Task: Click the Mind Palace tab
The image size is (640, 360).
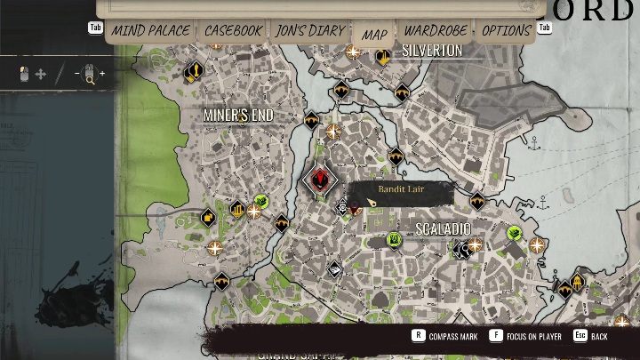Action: (x=150, y=31)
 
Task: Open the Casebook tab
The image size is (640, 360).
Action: (x=233, y=31)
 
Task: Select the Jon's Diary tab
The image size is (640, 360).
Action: (x=309, y=31)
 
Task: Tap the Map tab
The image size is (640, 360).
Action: (x=374, y=35)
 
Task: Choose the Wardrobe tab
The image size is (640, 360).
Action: (x=436, y=31)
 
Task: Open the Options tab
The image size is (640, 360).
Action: (x=506, y=31)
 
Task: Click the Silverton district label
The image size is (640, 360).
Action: (x=432, y=51)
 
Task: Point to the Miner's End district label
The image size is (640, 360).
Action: (x=237, y=116)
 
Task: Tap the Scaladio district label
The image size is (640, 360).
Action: (x=443, y=228)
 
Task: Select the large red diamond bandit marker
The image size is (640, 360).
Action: (x=319, y=180)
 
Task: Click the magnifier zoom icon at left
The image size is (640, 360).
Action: (x=89, y=76)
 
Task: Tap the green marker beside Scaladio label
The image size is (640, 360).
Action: (x=394, y=238)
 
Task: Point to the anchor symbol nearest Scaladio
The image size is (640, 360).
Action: (x=544, y=204)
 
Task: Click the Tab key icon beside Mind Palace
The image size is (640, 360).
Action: (x=95, y=28)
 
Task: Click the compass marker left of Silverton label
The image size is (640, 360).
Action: (x=354, y=52)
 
